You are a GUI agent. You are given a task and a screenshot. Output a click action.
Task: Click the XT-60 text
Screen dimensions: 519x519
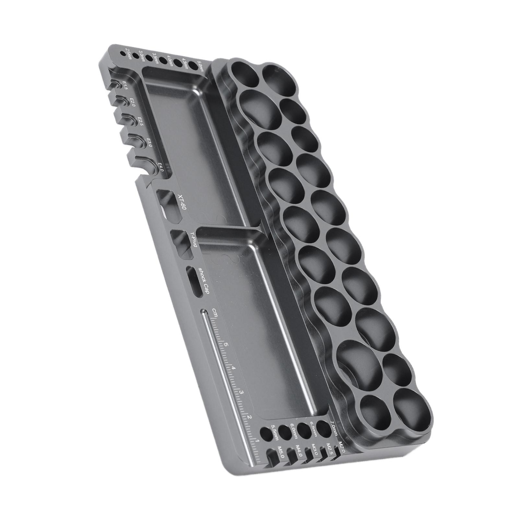[x=182, y=202]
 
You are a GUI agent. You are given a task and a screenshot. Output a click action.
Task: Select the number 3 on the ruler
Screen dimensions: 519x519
[x=242, y=393]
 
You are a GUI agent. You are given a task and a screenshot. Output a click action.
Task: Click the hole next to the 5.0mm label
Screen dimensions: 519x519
[x=193, y=65]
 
